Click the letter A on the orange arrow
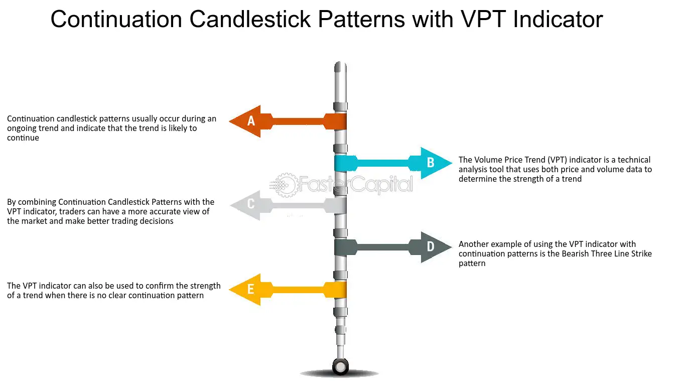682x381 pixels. [x=251, y=121]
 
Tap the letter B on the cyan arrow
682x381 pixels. [x=430, y=163]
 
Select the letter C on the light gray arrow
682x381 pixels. [x=251, y=204]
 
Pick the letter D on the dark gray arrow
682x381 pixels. [x=430, y=246]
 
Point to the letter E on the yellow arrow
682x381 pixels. [x=250, y=289]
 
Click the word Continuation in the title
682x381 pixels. [x=116, y=19]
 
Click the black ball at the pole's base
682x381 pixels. [x=340, y=366]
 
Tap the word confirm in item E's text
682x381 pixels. [x=159, y=286]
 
